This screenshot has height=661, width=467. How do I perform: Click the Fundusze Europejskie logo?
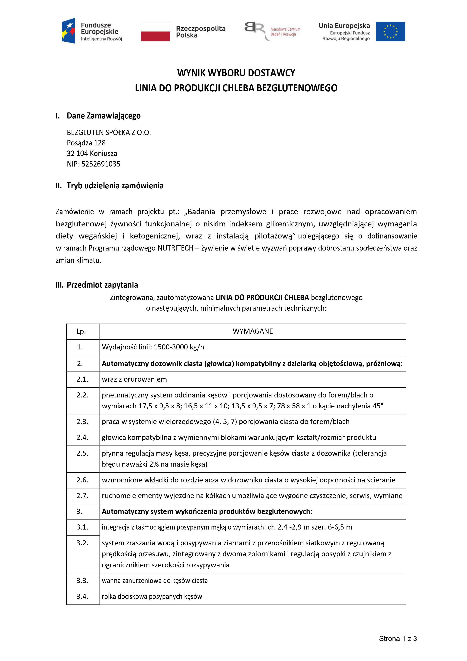click(92, 31)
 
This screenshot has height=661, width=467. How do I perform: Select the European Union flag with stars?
click(390, 31)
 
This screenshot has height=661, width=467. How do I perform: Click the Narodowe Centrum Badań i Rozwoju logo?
click(272, 31)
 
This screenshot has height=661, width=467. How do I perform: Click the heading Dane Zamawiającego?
click(104, 116)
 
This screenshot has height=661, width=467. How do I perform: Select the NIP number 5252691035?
click(101, 164)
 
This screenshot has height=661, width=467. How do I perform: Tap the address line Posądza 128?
click(86, 143)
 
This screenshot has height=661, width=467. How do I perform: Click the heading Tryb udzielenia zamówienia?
click(115, 186)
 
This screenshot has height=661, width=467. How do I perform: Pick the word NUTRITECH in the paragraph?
click(175, 248)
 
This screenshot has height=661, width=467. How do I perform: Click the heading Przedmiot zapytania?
click(102, 285)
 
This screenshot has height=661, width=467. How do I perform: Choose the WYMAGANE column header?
click(253, 331)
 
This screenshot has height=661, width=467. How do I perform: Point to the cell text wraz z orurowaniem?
click(134, 379)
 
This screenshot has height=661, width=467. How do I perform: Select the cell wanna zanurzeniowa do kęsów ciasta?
click(155, 581)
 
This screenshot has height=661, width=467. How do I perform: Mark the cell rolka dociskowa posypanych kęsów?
click(152, 597)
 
